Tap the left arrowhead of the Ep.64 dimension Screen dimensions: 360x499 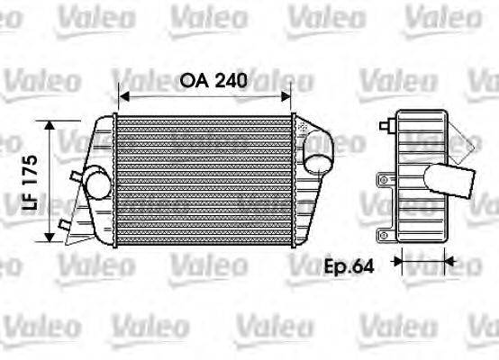(397, 265)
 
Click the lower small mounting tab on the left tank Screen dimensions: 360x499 (62, 223)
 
